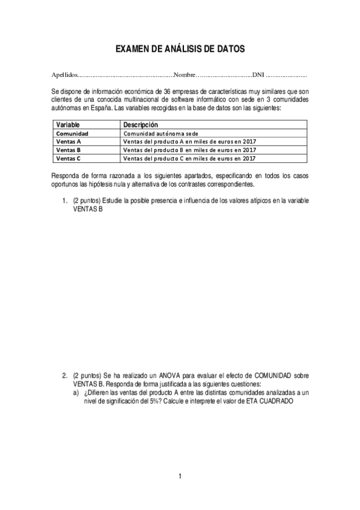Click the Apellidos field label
[x=64, y=76]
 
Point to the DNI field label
[x=258, y=76]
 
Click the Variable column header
[x=68, y=124]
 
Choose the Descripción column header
[x=140, y=124]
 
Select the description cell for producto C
[x=189, y=158]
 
